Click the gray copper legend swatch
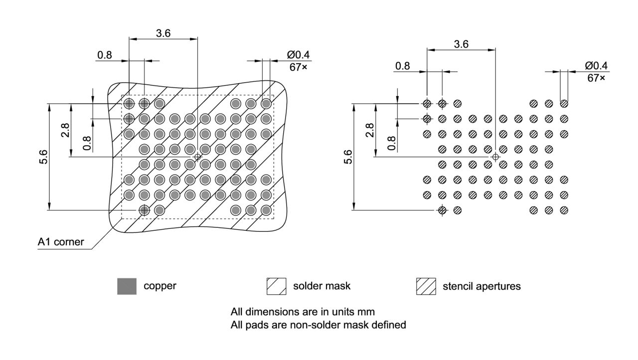point(127,286)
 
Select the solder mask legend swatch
point(276,286)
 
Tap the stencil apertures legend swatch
point(426,286)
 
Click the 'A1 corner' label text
point(61,243)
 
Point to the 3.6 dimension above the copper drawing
point(163,33)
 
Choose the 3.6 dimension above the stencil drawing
point(461,44)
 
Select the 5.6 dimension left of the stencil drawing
point(348,157)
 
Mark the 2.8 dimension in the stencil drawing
point(369,131)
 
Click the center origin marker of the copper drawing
point(197,157)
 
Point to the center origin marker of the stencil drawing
point(495,157)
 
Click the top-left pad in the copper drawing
point(129,104)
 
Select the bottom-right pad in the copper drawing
point(266,210)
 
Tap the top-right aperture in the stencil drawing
point(564,104)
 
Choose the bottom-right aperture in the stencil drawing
point(564,210)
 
